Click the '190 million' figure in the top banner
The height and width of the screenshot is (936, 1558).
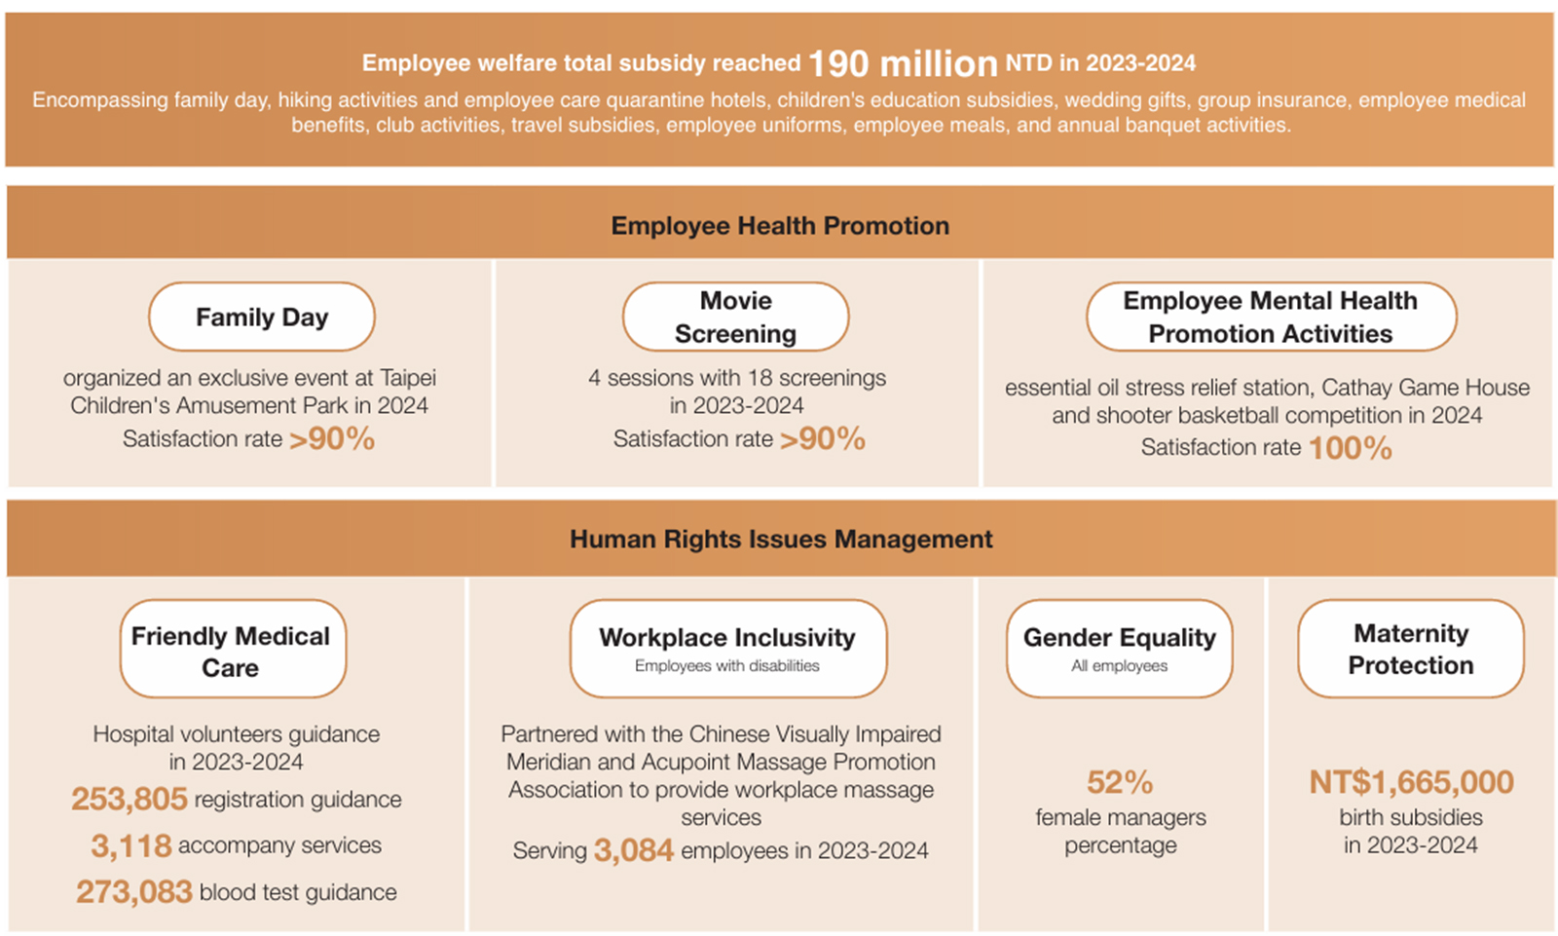click(x=903, y=64)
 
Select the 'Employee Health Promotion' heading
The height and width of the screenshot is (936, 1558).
click(x=780, y=226)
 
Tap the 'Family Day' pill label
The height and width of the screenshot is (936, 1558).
click(x=262, y=318)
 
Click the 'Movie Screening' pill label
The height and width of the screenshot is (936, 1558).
click(x=735, y=318)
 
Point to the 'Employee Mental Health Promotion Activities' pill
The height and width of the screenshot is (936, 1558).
click(x=1271, y=318)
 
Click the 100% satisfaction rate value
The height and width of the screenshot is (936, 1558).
click(x=1351, y=448)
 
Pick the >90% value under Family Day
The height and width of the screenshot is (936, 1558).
click(x=332, y=439)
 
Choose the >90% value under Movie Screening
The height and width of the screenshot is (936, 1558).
click(x=823, y=439)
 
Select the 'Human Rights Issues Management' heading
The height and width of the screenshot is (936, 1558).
click(x=781, y=540)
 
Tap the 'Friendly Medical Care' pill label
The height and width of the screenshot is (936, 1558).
click(x=231, y=651)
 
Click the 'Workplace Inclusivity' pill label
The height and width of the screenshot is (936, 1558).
click(x=727, y=638)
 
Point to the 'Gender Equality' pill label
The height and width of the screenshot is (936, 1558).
click(x=1120, y=638)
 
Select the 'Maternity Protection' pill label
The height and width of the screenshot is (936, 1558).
click(x=1411, y=650)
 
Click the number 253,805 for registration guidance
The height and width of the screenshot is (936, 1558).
click(x=129, y=800)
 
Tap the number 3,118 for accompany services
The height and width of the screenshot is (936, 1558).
click(x=131, y=845)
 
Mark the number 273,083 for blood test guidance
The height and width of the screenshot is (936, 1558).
click(x=134, y=892)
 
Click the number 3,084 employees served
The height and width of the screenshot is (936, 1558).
click(x=634, y=850)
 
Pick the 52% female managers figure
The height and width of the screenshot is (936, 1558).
click(x=1120, y=782)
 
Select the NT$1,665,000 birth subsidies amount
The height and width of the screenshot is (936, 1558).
click(x=1411, y=782)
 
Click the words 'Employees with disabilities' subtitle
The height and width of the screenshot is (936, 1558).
click(x=727, y=666)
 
